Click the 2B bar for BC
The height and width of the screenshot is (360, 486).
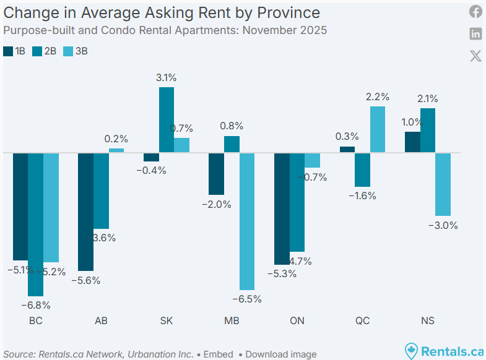click(36, 224)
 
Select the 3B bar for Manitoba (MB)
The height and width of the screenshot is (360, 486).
click(248, 221)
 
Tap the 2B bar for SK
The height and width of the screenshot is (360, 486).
click(167, 120)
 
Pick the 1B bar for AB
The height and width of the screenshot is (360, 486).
click(85, 212)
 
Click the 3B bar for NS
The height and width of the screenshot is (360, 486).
click(443, 184)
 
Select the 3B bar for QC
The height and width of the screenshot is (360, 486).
click(378, 129)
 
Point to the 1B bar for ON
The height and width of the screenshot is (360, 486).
click(282, 208)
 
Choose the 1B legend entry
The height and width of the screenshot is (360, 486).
click(14, 51)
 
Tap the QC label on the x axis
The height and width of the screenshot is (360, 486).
click(362, 321)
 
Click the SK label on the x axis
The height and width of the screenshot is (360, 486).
click(167, 321)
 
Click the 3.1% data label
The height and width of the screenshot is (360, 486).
click(167, 78)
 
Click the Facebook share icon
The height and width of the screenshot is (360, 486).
click(475, 12)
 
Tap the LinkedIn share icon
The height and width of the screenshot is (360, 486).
click(475, 33)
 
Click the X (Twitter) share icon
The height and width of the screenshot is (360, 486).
click(475, 56)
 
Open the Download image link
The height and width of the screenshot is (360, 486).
click(280, 354)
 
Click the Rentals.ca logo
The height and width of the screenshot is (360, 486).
click(443, 351)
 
